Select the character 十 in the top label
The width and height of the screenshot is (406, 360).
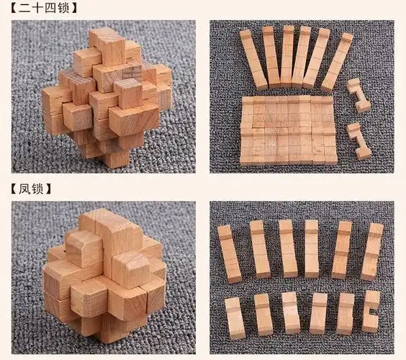coord(36,9)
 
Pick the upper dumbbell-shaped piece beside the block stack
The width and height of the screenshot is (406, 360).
coord(357,95)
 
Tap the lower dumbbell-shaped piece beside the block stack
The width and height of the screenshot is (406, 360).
coord(358,140)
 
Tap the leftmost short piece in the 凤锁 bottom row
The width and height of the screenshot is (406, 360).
coord(235,315)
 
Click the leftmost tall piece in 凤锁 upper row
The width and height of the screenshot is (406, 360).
coord(229,253)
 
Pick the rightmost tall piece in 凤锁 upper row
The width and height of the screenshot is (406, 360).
coord(372,251)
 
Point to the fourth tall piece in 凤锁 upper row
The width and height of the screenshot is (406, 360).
coord(312,249)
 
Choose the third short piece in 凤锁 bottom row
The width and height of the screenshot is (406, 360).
coord(290,313)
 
